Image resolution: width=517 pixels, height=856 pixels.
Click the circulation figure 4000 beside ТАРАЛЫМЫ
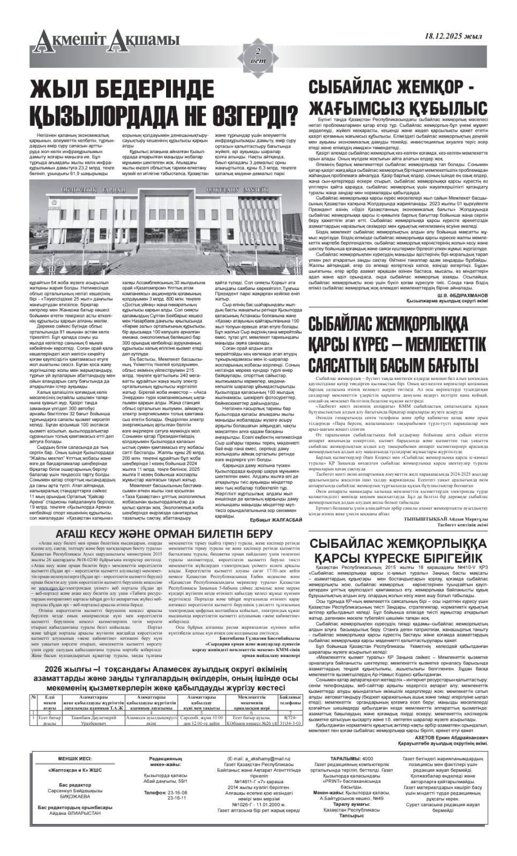368,759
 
